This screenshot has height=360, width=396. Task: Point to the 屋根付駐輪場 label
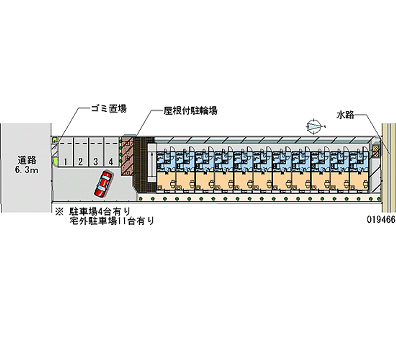click(x=190, y=111)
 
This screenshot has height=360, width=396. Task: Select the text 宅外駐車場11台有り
click(x=111, y=221)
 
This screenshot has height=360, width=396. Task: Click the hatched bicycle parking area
click(x=127, y=156)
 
